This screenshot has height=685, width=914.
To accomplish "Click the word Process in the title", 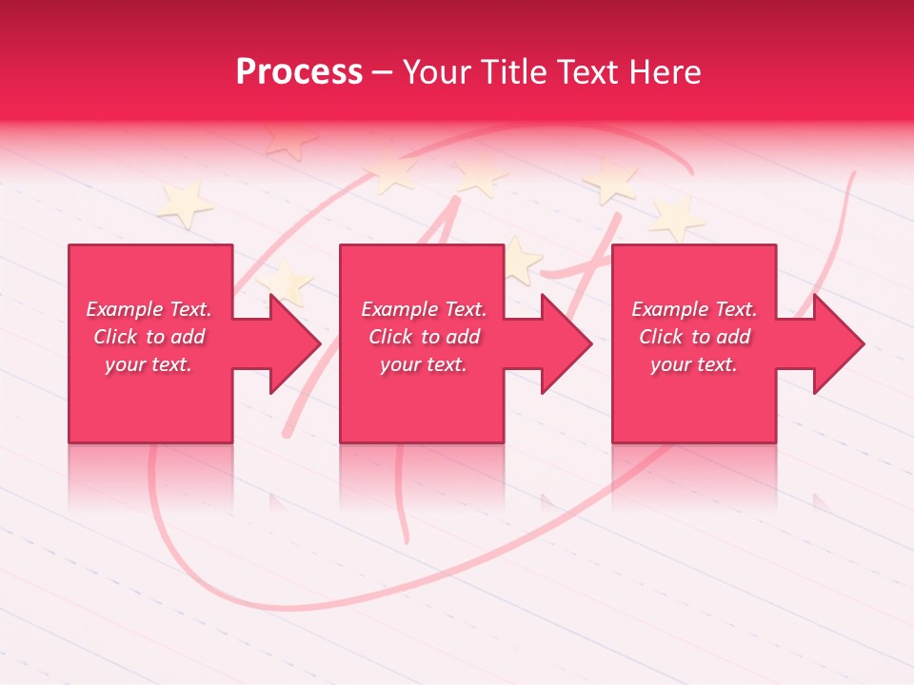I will [299, 72].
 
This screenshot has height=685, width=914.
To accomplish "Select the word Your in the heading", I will [438, 72].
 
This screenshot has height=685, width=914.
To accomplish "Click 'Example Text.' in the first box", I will [149, 309].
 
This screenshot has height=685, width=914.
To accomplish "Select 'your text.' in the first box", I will [149, 364].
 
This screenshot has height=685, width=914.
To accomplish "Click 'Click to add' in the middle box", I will [424, 337].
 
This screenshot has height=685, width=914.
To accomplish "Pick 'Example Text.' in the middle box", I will [424, 309].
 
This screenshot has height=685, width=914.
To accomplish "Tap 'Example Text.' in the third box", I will [694, 309].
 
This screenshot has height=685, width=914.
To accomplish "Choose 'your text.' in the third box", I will [694, 364].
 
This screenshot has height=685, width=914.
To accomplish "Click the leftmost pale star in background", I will [185, 204].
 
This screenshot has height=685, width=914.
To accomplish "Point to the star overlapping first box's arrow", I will [286, 283].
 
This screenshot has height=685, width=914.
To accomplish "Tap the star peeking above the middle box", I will [520, 258].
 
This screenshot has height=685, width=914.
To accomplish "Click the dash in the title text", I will [382, 72].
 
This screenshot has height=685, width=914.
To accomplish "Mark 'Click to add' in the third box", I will [694, 337].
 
